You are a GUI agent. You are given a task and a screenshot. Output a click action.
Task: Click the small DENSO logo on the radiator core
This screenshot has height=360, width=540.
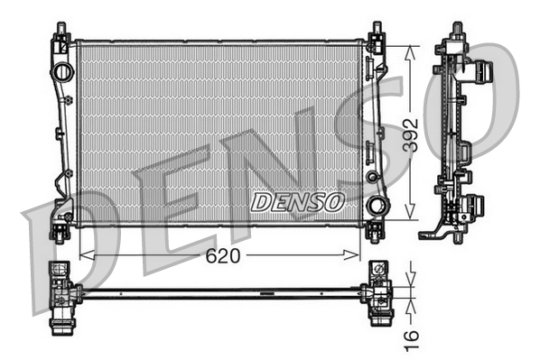click(x=297, y=201)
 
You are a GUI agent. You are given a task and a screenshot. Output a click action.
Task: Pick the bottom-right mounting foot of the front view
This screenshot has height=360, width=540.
click(x=375, y=233)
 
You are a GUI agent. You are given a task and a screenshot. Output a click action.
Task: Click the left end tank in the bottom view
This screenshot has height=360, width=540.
click(x=61, y=293)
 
